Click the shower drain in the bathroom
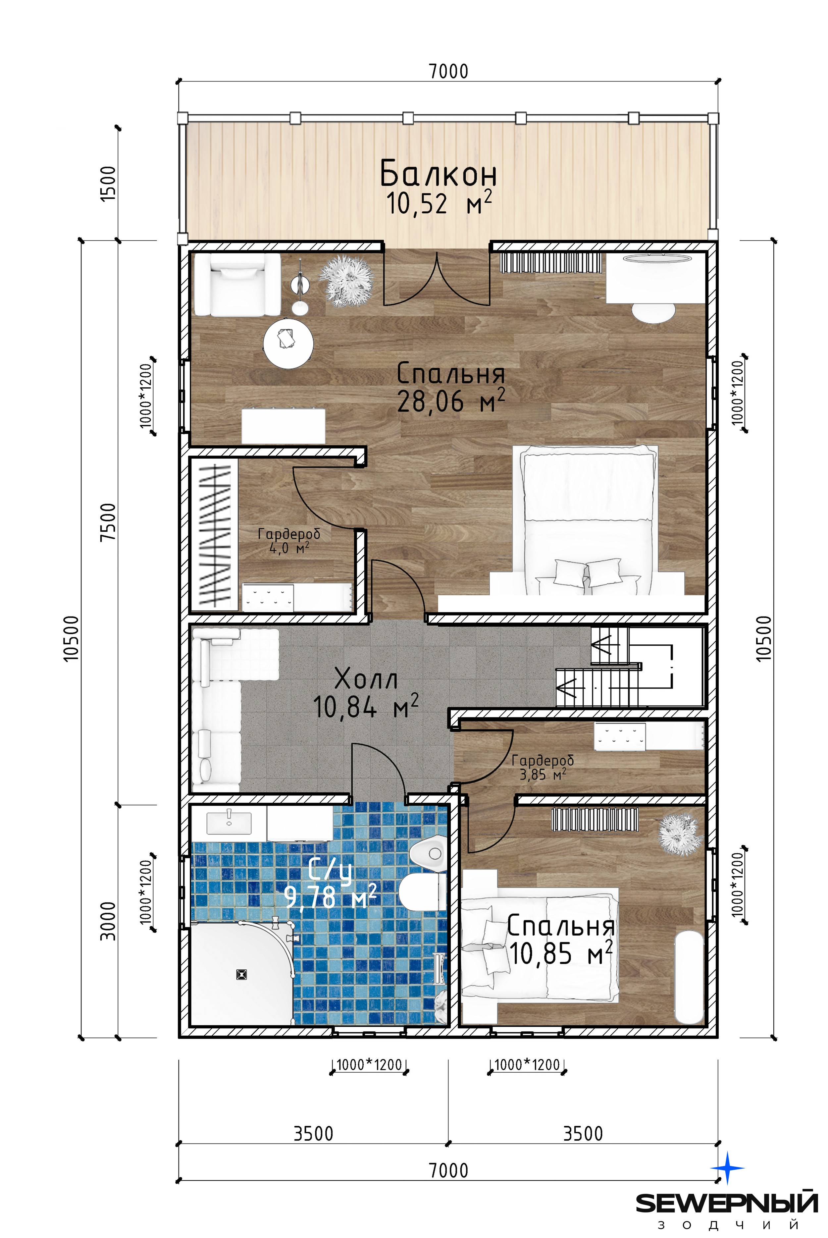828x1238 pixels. (242, 974)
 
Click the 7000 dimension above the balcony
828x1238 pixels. (448, 71)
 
